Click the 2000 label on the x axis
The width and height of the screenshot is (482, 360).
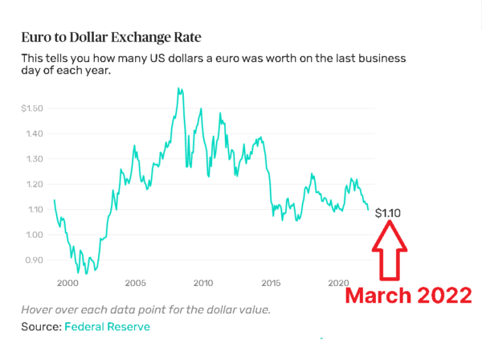point(67,284)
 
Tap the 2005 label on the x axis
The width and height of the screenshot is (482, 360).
point(135,284)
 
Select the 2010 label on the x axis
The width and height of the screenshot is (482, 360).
point(202,284)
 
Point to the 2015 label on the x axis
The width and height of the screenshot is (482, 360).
point(271,284)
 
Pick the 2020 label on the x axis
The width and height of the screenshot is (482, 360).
point(338,284)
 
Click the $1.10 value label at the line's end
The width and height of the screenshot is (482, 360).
point(387,213)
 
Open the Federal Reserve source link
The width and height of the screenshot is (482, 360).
point(107,326)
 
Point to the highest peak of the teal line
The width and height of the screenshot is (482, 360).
point(178,88)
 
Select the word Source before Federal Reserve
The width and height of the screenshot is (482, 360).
point(40,326)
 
